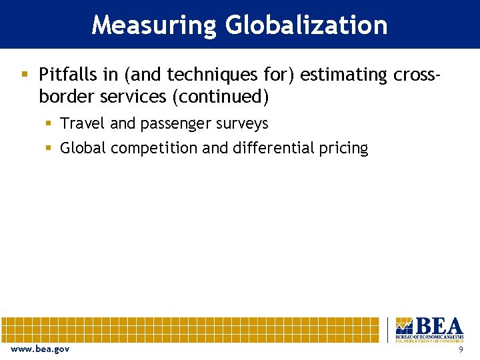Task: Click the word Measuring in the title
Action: (x=154, y=25)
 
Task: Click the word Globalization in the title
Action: (x=306, y=25)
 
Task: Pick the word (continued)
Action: (x=220, y=97)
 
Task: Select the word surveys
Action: (x=241, y=124)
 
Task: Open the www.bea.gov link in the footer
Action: (x=39, y=349)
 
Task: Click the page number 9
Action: (x=460, y=349)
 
